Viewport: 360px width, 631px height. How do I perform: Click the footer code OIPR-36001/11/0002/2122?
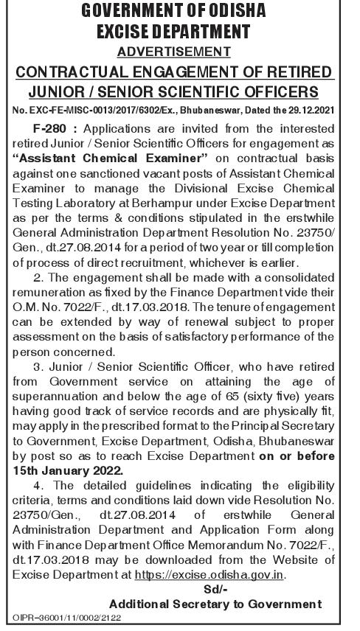[x=63, y=618]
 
